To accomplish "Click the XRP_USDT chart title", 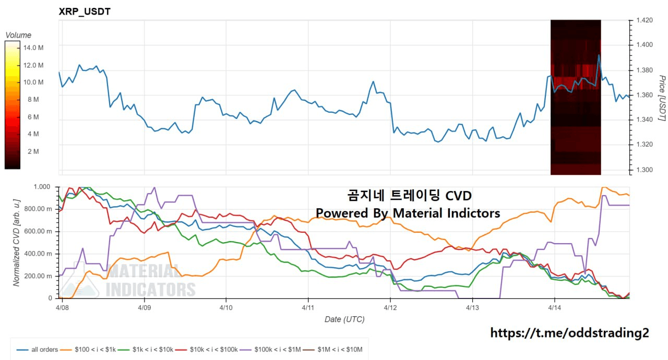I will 85,11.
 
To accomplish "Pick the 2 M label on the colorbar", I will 33,151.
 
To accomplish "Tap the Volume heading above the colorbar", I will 18,35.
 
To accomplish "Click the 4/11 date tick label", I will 308,308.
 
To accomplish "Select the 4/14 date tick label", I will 554,308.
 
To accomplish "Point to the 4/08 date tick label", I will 62,308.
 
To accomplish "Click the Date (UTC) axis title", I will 344,319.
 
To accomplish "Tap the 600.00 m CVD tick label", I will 39,231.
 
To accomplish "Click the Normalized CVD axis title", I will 17,242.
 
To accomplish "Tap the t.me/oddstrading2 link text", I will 570,332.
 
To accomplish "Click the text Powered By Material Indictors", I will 408,213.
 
